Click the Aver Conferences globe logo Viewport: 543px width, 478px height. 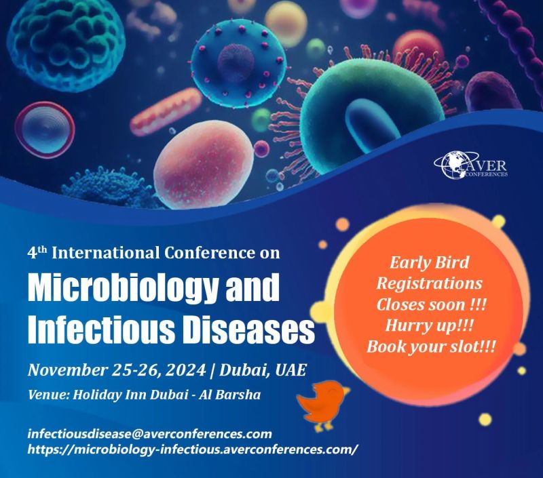click(471, 165)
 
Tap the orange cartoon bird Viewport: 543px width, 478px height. click(322, 405)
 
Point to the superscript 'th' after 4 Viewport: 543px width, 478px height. click(41, 249)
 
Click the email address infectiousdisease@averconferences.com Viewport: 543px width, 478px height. click(149, 434)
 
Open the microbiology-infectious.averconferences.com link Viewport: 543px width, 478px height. click(191, 450)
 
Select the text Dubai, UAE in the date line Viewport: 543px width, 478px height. click(263, 370)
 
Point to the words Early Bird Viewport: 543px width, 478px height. click(430, 262)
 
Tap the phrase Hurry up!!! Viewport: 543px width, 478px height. click(429, 325)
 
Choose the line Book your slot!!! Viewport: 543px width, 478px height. click(431, 346)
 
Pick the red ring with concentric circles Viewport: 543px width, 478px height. click(45, 129)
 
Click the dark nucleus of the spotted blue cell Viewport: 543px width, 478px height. click(236, 62)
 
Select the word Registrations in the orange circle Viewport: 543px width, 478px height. click(430, 283)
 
